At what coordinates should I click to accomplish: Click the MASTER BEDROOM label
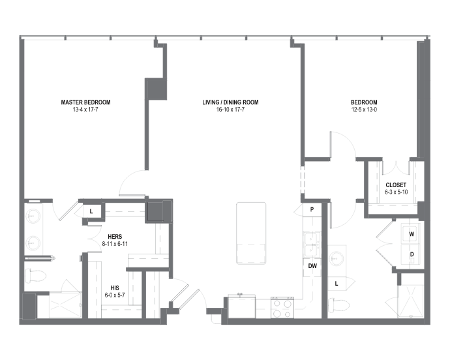(85, 102)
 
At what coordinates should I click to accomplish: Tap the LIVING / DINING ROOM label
(230, 102)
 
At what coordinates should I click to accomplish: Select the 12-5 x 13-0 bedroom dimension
(364, 110)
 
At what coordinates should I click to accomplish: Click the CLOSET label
(396, 185)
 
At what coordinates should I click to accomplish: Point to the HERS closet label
(115, 237)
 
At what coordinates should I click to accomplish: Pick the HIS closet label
(115, 288)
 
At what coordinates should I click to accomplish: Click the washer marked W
(412, 234)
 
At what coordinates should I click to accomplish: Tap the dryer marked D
(412, 254)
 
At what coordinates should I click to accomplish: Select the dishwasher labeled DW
(312, 266)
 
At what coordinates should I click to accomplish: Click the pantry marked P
(312, 209)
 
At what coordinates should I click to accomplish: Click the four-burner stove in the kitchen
(282, 308)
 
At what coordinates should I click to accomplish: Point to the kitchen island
(251, 233)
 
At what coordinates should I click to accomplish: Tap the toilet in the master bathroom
(35, 276)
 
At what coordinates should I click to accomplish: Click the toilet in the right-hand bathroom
(339, 305)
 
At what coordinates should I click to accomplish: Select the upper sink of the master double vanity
(33, 215)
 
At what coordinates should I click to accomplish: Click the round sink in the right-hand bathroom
(336, 258)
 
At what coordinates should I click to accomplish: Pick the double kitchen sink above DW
(312, 244)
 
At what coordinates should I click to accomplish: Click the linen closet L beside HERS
(92, 211)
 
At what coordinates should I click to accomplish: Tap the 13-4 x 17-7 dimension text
(85, 110)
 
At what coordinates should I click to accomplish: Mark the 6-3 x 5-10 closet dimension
(397, 192)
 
